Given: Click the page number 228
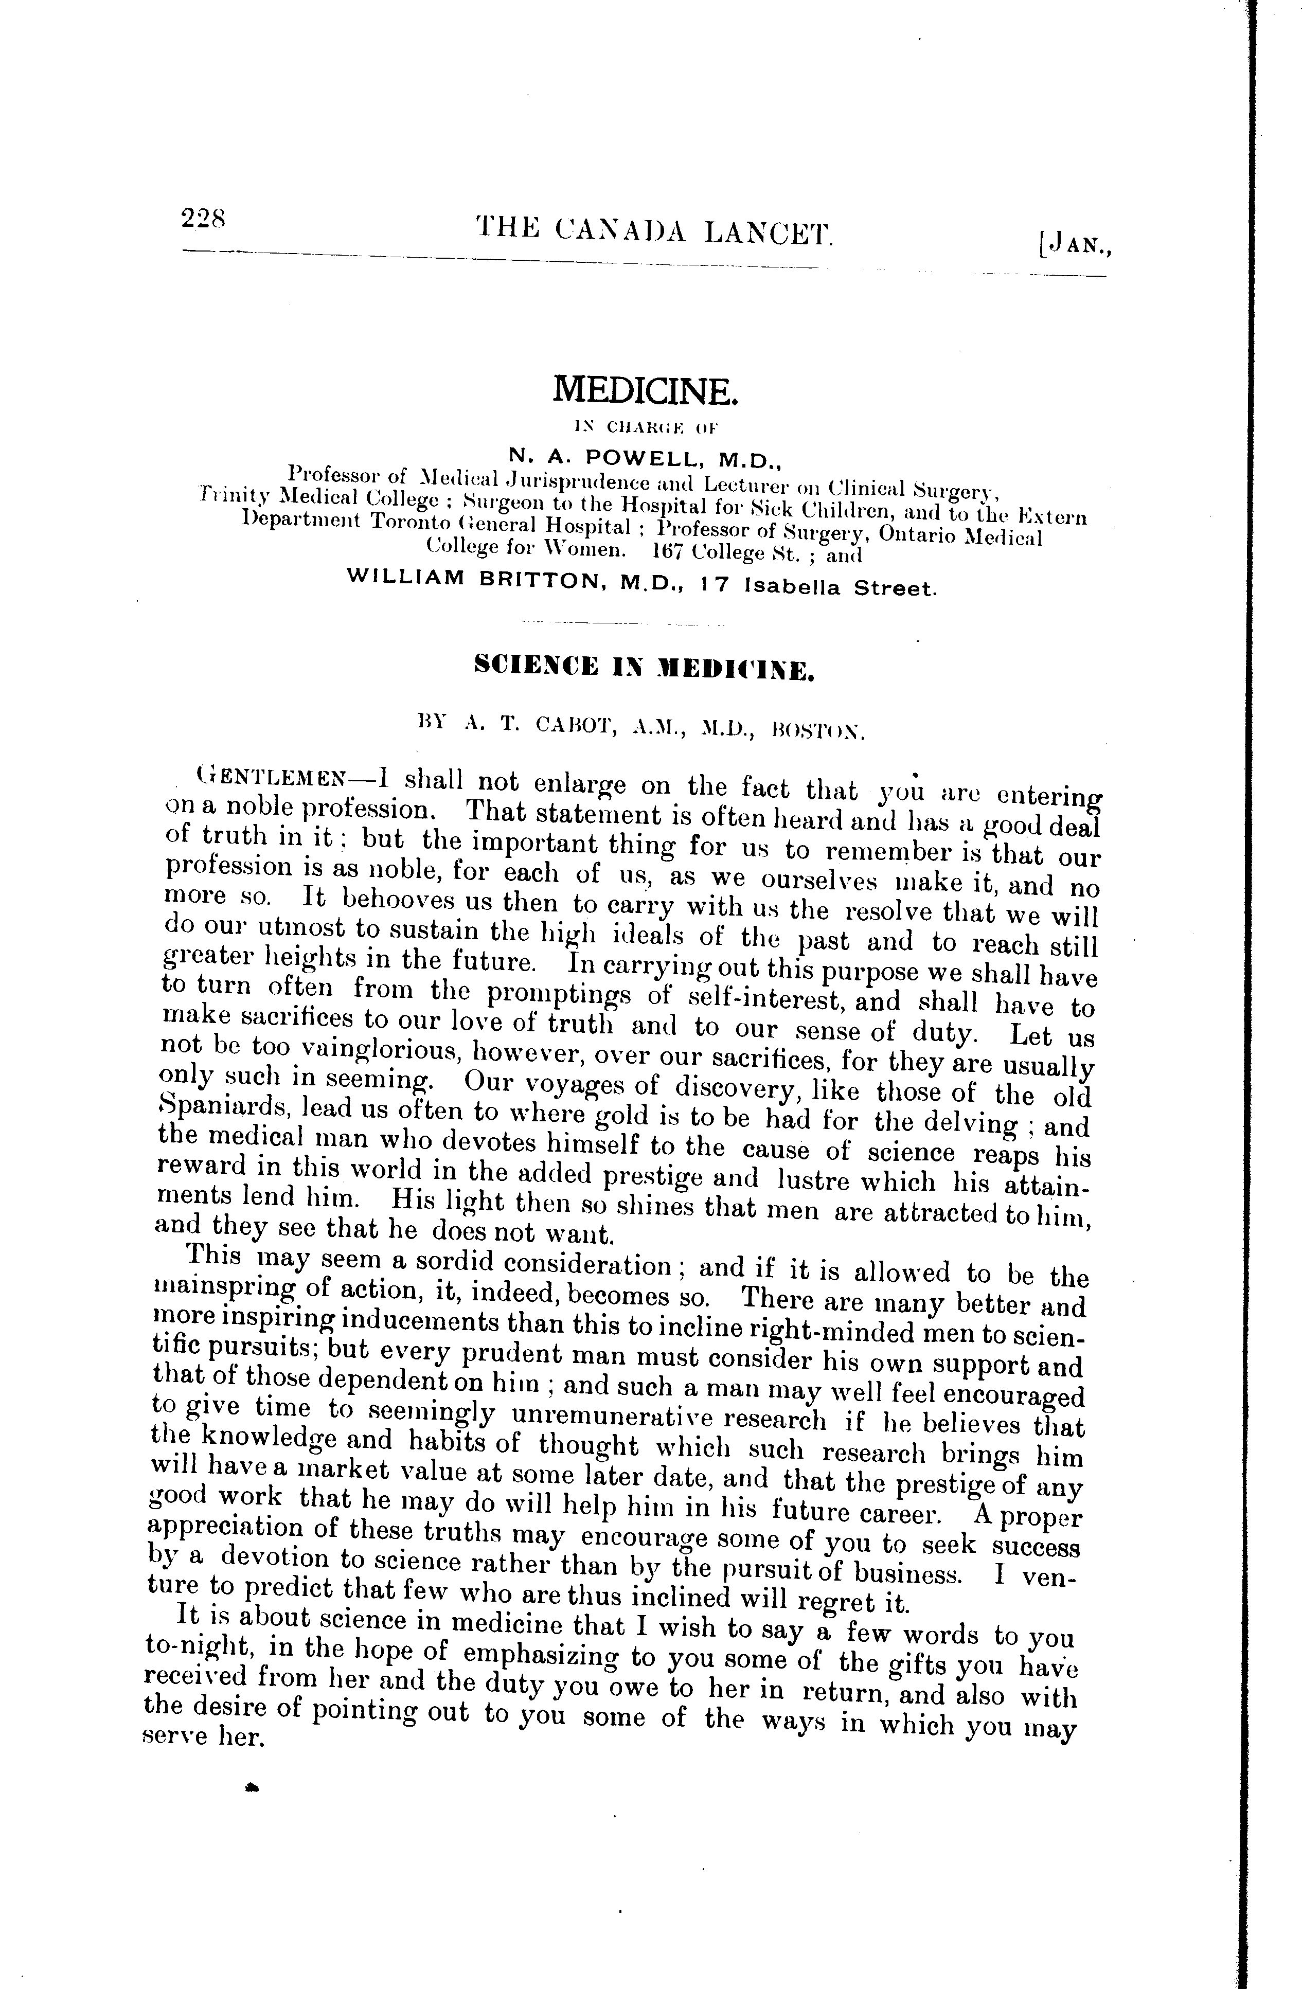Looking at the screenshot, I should [202, 220].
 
